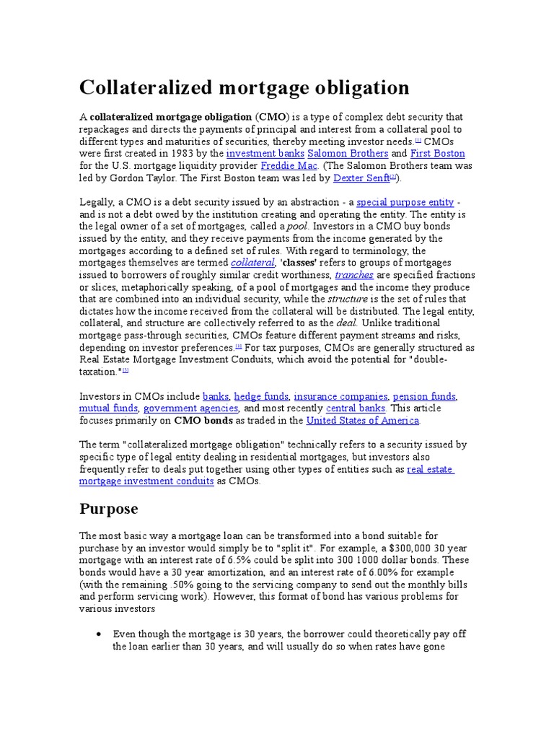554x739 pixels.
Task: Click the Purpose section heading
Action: (x=107, y=508)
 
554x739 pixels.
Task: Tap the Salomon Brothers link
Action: (x=348, y=154)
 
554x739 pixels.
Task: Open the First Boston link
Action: (x=437, y=154)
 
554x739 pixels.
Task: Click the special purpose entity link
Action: (x=405, y=202)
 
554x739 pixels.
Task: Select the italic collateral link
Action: (x=252, y=263)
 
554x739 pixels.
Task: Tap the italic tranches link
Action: (x=354, y=275)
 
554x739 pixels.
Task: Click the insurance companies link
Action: (x=340, y=396)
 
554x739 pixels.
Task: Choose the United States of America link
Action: (x=362, y=421)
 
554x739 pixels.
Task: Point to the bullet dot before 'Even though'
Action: (x=98, y=634)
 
